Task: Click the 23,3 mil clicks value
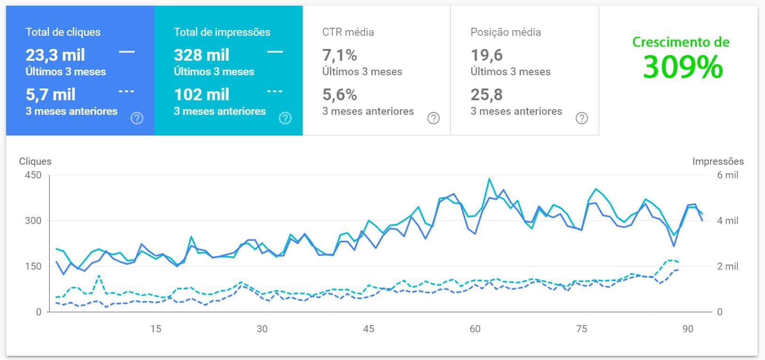(55, 55)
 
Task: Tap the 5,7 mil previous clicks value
(50, 95)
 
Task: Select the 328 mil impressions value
(201, 55)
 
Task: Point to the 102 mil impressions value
(201, 95)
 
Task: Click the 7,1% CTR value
(339, 55)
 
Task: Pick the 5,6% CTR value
(339, 95)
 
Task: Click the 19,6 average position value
(487, 55)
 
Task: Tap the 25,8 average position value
(487, 95)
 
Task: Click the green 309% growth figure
(683, 67)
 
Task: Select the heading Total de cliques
(63, 32)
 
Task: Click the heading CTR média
(348, 32)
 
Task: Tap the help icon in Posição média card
(581, 118)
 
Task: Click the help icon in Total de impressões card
(285, 118)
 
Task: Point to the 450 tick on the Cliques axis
(33, 175)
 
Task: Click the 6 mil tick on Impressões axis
(728, 175)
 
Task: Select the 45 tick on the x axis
(369, 329)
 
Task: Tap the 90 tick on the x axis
(688, 329)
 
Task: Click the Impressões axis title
(718, 161)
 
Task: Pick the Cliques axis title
(35, 161)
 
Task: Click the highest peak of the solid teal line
(489, 179)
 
